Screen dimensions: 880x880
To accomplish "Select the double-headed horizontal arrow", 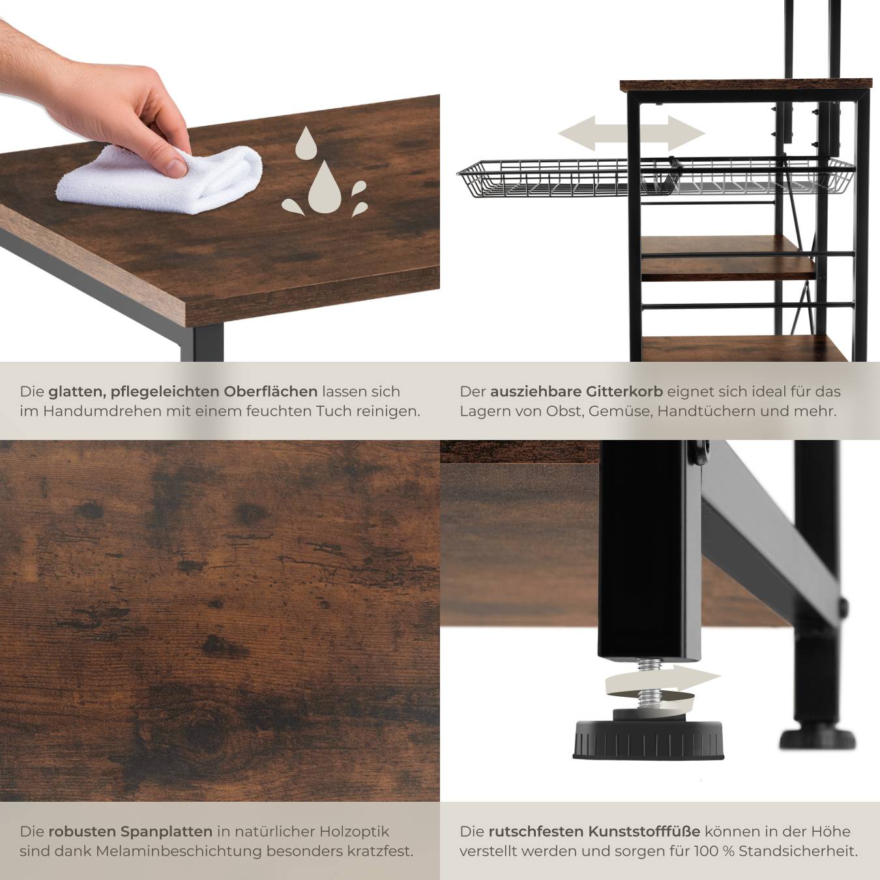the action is coord(632,134).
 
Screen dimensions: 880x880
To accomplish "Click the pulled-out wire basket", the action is coord(656,177).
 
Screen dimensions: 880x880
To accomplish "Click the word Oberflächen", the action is coord(271,391).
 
